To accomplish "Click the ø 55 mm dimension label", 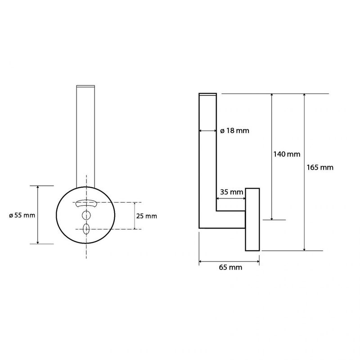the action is [x=22, y=216].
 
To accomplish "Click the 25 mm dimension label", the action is [x=147, y=216].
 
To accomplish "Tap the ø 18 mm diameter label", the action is [x=234, y=130].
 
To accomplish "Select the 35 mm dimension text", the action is [x=231, y=192].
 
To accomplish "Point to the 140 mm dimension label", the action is [x=287, y=154].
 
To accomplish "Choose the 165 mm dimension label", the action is [x=320, y=167].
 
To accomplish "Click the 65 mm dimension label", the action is [x=230, y=267].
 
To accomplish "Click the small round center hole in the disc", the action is [x=86, y=215].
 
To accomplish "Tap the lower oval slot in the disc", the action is [x=86, y=229].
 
